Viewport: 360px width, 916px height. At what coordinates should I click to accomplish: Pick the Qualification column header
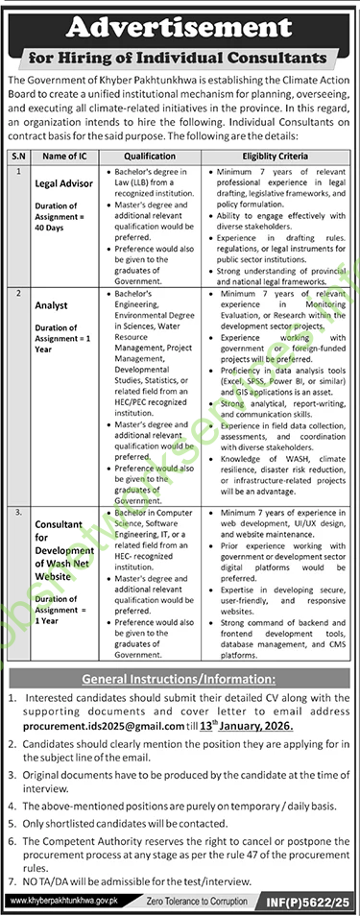tap(149, 156)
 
